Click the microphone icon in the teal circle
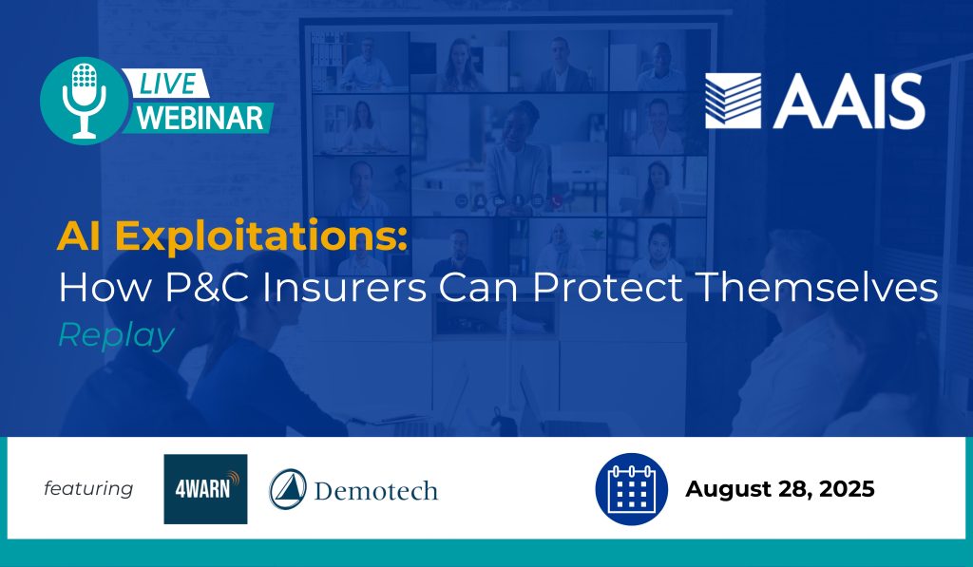pos(84,101)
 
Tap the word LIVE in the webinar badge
pos(167,84)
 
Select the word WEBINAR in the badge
pos(200,118)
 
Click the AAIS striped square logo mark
pos(733,101)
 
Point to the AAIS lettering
pos(849,101)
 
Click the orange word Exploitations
pos(261,236)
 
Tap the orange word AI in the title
pos(78,236)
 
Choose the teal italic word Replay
pos(116,335)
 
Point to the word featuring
pos(88,488)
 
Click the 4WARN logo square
pos(205,489)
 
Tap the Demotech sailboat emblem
pos(288,489)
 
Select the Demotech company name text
pos(376,491)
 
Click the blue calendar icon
pos(632,489)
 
